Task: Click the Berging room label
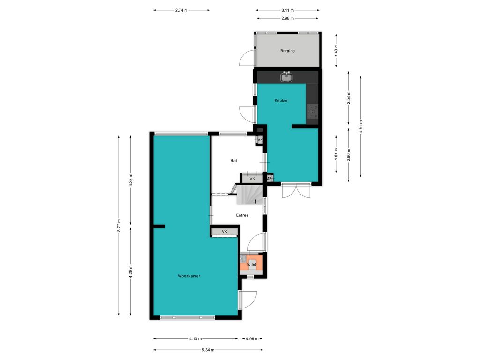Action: (x=287, y=51)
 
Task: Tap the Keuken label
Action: (x=281, y=100)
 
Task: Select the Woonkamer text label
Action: (x=189, y=276)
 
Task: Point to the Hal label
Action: (x=233, y=161)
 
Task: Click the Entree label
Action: (x=242, y=215)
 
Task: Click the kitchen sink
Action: (x=286, y=77)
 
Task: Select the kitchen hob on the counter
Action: (x=313, y=112)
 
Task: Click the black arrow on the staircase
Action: (x=255, y=201)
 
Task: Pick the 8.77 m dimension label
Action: (x=119, y=225)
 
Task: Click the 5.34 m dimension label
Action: (x=208, y=350)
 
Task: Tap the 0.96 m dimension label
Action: (x=252, y=338)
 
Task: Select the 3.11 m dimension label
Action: (x=287, y=10)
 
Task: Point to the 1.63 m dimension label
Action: (x=336, y=51)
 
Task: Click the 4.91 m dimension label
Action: (x=361, y=127)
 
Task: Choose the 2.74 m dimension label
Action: (x=181, y=10)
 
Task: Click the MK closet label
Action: (x=269, y=178)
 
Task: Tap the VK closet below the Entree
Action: (x=225, y=232)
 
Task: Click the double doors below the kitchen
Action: (x=296, y=190)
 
